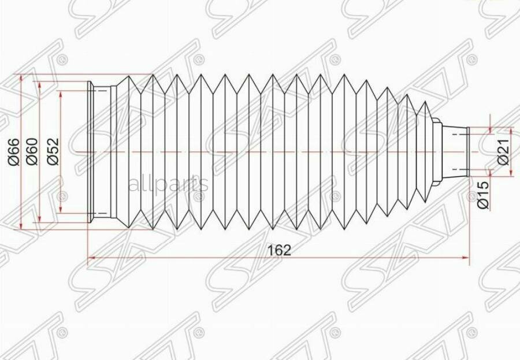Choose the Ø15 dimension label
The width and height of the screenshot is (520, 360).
tap(484, 194)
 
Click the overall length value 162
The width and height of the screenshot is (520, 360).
tap(278, 250)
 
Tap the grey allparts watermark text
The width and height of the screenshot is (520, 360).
tap(168, 184)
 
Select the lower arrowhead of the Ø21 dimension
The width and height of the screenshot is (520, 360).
tap(490, 173)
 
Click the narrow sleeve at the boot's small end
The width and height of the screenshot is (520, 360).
tap(456, 152)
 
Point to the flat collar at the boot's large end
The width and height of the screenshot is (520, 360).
tap(91, 152)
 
